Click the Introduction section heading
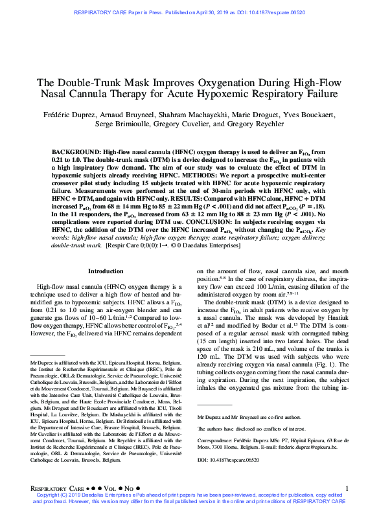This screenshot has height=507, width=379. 105,271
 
